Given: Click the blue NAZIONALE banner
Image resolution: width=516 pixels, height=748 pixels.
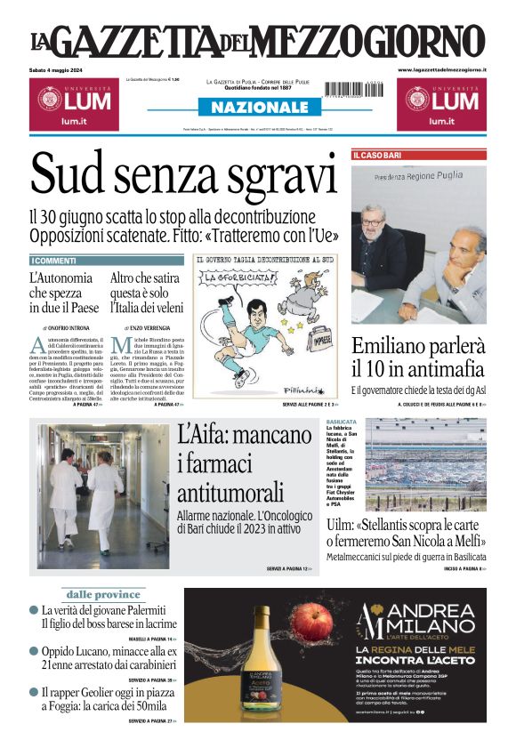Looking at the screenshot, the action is (258, 108).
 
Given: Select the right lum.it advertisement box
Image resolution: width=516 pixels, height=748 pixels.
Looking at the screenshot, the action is (442, 102).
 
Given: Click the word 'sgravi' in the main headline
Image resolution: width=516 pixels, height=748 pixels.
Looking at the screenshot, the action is (258, 174).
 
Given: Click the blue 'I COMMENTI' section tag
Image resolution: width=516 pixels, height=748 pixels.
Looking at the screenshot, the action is (55, 261).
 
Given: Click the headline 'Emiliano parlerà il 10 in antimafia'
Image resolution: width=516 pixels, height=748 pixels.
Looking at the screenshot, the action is (418, 358).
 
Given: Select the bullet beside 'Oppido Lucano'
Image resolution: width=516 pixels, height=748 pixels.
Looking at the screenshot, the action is (34, 652).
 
